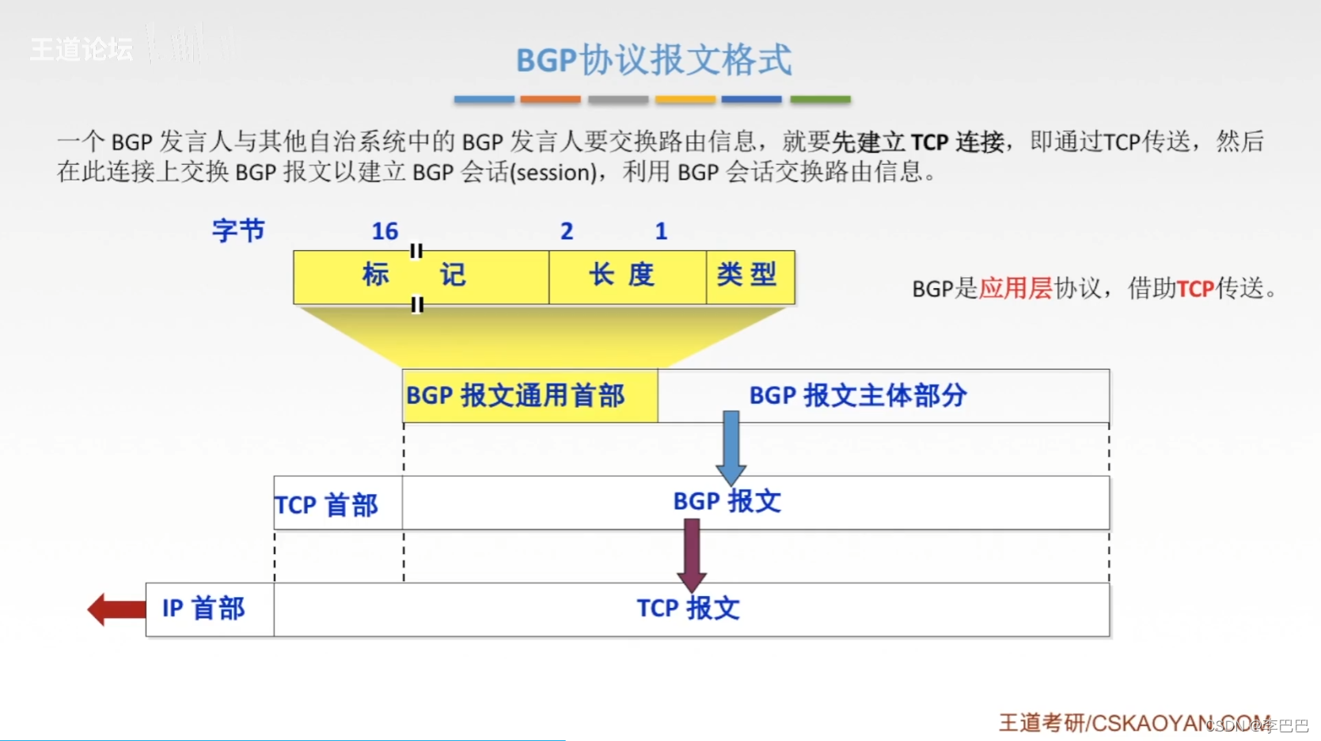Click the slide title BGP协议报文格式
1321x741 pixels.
pos(654,59)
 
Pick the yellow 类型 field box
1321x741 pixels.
pos(750,276)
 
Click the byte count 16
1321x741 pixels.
pos(385,231)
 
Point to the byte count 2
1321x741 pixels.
pos(567,231)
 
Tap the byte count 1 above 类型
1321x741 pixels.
pos(661,231)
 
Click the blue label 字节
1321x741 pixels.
pos(238,230)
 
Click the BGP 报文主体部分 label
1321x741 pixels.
pos(858,395)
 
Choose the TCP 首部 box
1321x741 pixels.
pos(337,503)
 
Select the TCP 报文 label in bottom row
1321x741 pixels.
pos(688,609)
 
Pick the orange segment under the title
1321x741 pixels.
pos(550,100)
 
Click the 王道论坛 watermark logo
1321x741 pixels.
pos(82,49)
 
